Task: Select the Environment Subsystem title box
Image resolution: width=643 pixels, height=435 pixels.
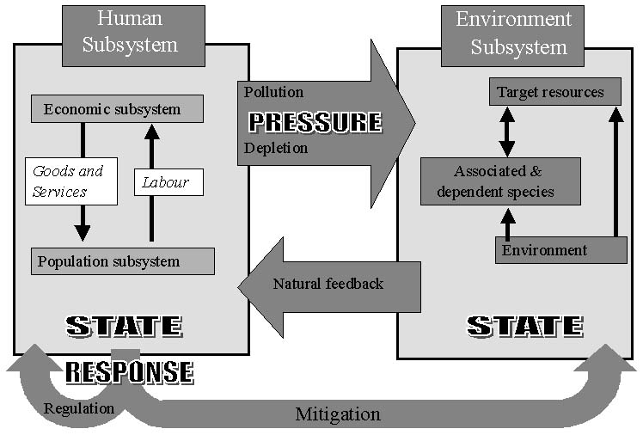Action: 513,34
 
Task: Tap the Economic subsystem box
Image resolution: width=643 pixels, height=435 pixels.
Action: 117,109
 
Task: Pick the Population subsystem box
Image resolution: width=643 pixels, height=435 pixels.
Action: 122,261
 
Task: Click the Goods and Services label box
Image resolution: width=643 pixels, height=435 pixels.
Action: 70,181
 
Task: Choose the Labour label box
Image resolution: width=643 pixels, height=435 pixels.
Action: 168,182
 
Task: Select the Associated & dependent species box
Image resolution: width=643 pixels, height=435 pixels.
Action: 500,181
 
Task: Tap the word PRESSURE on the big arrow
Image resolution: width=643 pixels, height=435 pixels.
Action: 315,121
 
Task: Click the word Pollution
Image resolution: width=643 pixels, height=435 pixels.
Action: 273,92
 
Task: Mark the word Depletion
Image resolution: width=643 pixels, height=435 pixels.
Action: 275,148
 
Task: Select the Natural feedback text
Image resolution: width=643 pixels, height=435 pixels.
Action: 328,283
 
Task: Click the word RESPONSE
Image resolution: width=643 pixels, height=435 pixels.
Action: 129,371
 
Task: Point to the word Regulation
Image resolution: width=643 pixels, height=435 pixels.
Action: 78,408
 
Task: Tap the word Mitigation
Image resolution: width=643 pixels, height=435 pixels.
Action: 338,414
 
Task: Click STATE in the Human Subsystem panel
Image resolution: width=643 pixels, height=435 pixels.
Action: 125,327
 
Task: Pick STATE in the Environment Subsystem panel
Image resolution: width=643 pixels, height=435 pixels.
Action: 525,326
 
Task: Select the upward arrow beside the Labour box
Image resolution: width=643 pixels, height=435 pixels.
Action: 152,182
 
